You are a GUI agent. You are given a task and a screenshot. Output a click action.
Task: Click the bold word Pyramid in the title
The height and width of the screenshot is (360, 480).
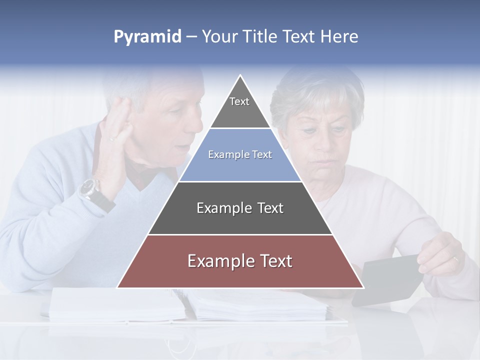[x=147, y=37]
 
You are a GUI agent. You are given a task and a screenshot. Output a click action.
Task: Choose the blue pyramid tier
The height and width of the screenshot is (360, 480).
[x=240, y=155]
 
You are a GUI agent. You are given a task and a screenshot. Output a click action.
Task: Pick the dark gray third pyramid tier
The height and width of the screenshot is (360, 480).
[x=240, y=208]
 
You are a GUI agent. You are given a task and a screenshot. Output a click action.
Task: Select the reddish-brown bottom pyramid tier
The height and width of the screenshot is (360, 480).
[x=240, y=261]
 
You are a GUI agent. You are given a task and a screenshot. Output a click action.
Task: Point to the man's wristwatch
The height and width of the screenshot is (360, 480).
[x=89, y=189]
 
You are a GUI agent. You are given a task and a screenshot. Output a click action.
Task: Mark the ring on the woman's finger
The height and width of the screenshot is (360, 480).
[x=455, y=259]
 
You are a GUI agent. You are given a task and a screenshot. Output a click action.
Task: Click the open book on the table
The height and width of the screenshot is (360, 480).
[x=190, y=305]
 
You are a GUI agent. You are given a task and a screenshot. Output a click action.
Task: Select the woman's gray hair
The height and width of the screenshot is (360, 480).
[x=315, y=92]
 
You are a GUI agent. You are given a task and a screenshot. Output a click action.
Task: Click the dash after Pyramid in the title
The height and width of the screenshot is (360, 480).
[x=191, y=37]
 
